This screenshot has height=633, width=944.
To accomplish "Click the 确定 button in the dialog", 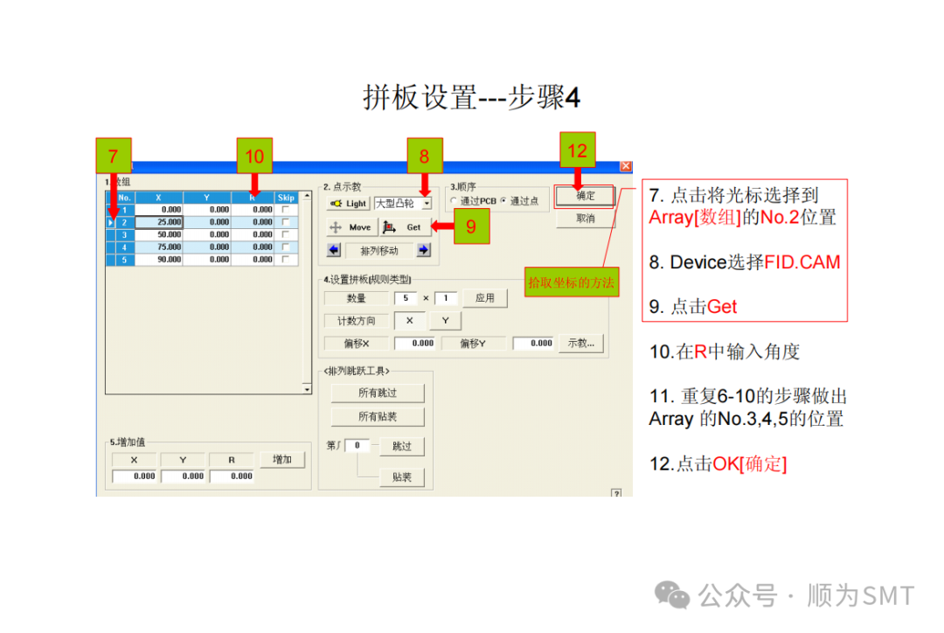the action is point(585,197).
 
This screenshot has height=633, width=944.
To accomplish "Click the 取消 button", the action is point(585,219).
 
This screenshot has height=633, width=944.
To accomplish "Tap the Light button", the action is point(348,204).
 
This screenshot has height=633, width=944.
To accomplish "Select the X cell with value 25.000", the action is point(159,222).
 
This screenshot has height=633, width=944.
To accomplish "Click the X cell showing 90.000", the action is point(159,260).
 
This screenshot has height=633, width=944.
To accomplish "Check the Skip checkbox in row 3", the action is point(286,235).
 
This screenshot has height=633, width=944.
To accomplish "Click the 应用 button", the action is point(484,298).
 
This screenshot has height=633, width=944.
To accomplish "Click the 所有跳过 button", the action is point(378,393).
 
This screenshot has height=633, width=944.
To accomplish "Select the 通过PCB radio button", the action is point(454,202).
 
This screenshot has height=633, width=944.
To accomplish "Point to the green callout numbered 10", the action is point(254,157).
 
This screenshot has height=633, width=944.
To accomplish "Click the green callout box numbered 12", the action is point(577,150).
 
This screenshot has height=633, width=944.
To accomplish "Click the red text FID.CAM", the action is point(802,262).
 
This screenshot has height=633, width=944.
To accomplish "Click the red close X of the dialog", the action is point(625,166).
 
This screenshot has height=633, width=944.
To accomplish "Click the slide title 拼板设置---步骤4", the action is point(471,98).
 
